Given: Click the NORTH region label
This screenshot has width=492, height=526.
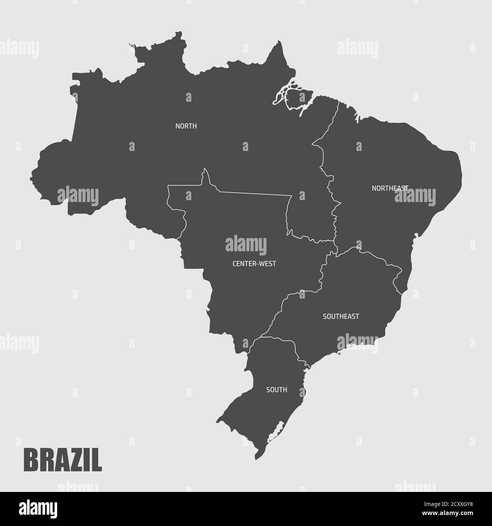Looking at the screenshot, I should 186,126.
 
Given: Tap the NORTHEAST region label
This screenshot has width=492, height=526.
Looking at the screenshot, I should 390,188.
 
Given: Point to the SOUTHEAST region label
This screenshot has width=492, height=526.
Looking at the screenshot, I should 341,316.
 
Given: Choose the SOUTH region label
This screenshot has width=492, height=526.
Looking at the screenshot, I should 277,389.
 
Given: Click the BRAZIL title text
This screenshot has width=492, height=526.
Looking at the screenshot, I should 63,459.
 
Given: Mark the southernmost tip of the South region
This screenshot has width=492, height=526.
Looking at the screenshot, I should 256,459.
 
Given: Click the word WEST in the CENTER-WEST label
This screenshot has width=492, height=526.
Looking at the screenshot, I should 268,264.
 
